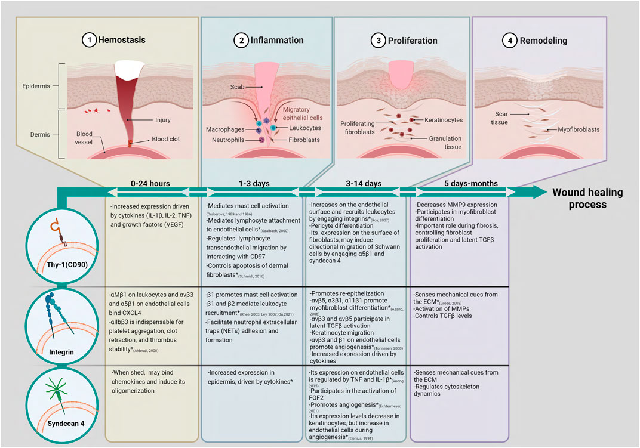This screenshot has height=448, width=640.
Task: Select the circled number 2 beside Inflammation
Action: point(241,41)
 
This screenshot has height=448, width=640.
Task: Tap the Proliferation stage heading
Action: point(413,41)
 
